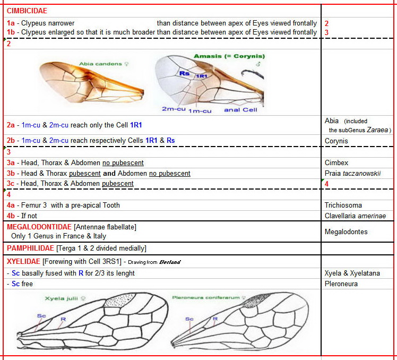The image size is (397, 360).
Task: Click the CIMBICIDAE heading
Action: coord(27,11)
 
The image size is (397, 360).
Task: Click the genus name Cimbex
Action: coord(336,163)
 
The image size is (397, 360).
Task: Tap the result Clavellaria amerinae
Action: coord(355,216)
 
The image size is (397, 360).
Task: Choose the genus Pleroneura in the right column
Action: coord(342,284)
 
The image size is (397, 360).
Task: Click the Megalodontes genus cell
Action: coord(346,232)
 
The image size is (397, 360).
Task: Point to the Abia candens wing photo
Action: coord(91,83)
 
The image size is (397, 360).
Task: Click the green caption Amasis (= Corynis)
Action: coord(229,56)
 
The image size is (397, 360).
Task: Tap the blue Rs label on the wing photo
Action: coord(184,73)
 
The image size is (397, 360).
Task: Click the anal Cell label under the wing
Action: coord(240,110)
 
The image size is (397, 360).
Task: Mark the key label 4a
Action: coord(11,205)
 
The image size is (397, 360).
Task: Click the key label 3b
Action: coord(11,174)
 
